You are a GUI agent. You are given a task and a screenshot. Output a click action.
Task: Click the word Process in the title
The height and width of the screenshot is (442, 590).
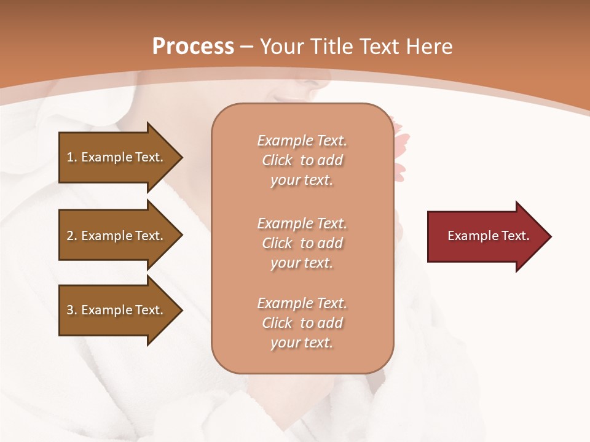tap(193, 46)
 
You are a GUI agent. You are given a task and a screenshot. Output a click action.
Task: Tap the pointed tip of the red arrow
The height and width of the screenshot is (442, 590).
tap(549, 236)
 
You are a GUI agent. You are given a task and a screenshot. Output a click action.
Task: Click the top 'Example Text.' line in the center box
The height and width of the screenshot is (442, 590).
tap(302, 141)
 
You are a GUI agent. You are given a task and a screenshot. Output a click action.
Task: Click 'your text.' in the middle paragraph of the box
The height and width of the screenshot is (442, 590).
tap(302, 263)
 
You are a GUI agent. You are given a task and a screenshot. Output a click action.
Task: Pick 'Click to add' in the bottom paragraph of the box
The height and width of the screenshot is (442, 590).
tap(302, 323)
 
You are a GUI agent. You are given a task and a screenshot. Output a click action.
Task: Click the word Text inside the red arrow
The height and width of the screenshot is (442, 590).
tap(515, 236)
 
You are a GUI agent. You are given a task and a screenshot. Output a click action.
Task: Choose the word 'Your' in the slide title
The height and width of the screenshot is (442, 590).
tap(286, 46)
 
